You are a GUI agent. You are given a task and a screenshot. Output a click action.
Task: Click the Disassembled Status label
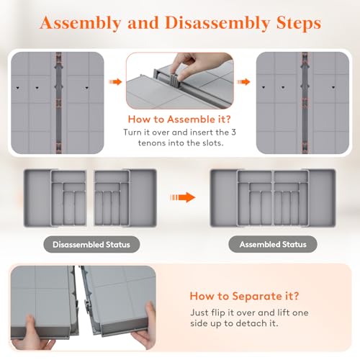91,245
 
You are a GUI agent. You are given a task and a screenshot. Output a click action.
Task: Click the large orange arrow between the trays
187,196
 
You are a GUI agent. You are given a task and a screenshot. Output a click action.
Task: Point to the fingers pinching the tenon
181,63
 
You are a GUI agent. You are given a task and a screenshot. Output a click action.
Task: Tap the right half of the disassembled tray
125,196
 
